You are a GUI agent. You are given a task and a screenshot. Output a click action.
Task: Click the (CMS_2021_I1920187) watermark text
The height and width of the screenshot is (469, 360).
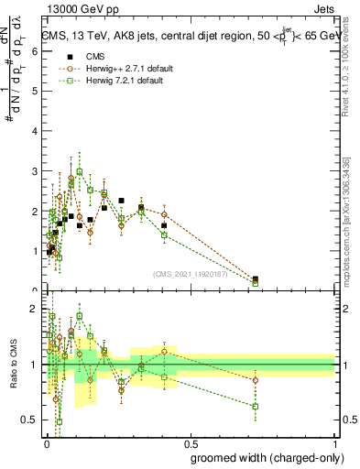point(191,273)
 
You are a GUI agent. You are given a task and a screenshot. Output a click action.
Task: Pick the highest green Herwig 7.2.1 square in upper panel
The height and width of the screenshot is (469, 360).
point(80,171)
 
